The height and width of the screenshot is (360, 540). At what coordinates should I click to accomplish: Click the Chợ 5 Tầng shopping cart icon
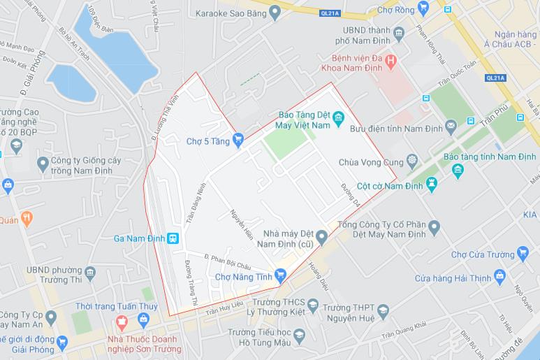(x=238, y=140)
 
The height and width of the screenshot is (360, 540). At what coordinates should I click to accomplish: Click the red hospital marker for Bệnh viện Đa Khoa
(x=391, y=62)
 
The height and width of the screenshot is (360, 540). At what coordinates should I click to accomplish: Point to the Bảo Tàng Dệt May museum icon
(x=338, y=116)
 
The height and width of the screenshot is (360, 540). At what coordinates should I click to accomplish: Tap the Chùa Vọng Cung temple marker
(x=411, y=161)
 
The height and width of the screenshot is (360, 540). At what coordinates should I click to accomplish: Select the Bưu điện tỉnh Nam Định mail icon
(x=451, y=126)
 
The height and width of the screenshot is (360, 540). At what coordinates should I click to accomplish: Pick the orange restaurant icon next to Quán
(x=27, y=218)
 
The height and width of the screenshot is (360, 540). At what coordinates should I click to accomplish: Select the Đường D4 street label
(x=351, y=195)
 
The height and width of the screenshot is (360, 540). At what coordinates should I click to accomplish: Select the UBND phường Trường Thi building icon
(x=89, y=271)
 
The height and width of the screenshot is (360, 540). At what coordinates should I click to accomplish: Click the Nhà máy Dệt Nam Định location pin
(x=321, y=238)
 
